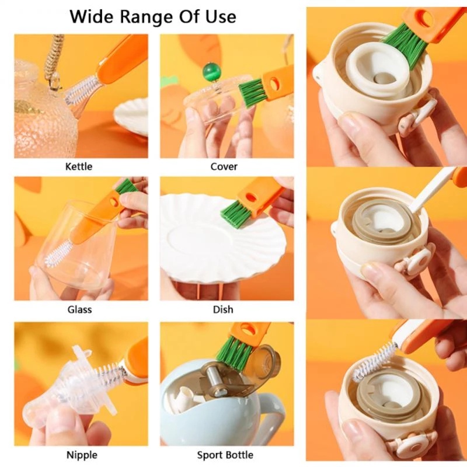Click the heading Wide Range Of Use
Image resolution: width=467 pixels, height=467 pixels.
click(x=153, y=16)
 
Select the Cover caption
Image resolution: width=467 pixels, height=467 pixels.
click(x=224, y=166)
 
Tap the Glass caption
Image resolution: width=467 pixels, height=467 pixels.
click(x=79, y=309)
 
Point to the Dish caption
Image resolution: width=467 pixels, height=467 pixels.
click(x=224, y=309)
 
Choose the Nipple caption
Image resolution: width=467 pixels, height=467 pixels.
click(x=82, y=454)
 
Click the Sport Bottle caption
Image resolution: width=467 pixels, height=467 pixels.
click(x=225, y=454)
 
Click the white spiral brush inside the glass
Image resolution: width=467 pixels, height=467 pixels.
click(x=58, y=252)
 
